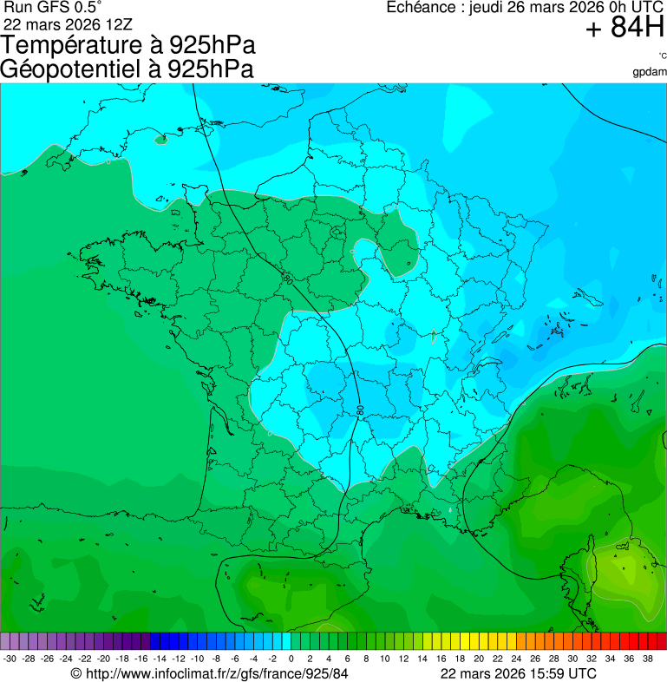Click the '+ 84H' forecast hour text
click(x=624, y=29)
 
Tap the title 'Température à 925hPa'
click(x=129, y=45)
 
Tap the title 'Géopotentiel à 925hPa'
click(x=127, y=69)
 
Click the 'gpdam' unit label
click(x=650, y=71)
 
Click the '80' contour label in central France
click(x=359, y=409)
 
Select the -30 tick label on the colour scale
click(x=10, y=659)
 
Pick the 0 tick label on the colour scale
click(x=291, y=659)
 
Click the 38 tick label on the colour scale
click(x=647, y=659)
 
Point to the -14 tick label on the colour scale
click(x=160, y=659)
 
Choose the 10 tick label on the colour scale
click(x=384, y=659)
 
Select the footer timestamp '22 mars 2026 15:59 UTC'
click(x=518, y=673)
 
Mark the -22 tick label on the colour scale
click(x=85, y=659)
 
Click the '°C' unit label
click(x=662, y=56)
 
